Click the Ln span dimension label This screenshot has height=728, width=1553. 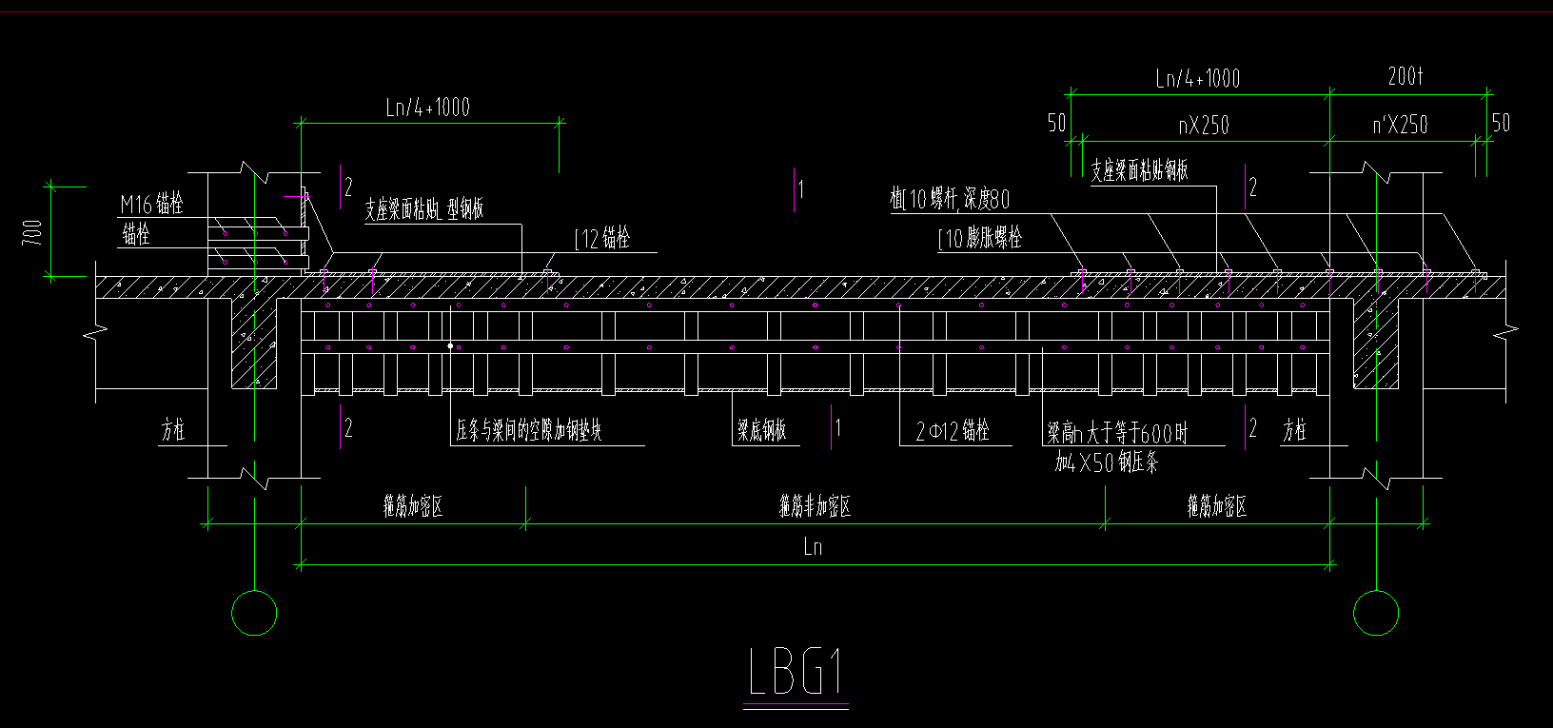pos(813,546)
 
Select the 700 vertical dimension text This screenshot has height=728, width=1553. pos(32,232)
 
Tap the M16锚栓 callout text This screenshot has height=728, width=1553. pos(151,204)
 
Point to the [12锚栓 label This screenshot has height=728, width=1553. pos(602,239)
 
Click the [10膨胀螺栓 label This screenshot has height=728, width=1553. pos(980,238)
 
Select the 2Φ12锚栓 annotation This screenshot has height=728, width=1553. pos(952,431)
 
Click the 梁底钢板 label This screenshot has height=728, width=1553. pos(761,431)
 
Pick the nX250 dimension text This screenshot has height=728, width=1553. pos(1203,126)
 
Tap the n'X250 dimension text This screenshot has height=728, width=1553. pos(1399,126)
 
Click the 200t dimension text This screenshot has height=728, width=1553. pos(1405,77)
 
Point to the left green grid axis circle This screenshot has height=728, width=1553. pos(254,613)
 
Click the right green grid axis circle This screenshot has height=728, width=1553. pos(1376,613)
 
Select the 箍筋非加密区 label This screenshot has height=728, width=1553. pos(815,506)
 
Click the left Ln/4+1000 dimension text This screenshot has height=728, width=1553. pos(427,108)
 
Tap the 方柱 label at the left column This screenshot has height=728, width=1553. pos(172,431)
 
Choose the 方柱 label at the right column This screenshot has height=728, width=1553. pos(1294,431)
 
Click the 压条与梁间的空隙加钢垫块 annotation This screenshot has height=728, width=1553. pos(528,431)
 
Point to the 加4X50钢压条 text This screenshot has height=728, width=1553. pos(1106,463)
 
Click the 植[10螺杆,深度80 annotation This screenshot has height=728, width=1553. pos(950,200)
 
